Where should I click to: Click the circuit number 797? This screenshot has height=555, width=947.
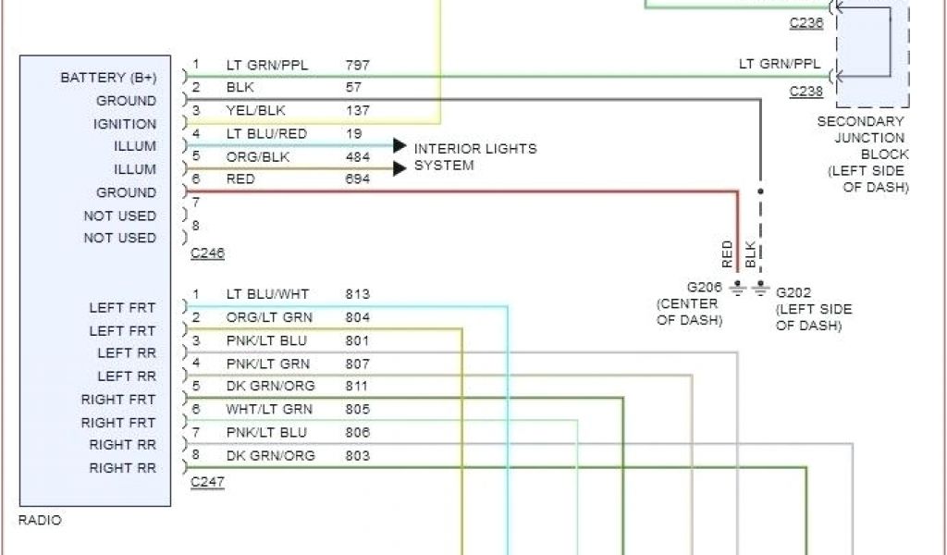[x=358, y=65]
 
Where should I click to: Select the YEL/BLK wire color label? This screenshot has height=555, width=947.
[x=254, y=111]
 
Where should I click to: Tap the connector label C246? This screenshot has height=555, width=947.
[x=207, y=253]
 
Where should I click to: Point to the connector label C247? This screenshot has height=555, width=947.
[x=207, y=482]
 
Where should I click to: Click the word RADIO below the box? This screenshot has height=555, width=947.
[x=40, y=521]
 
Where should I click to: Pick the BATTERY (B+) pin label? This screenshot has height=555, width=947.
[x=108, y=78]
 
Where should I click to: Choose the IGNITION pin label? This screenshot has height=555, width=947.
[x=125, y=124]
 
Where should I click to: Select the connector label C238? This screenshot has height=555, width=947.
[x=806, y=92]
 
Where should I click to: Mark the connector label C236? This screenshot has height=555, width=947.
[x=806, y=23]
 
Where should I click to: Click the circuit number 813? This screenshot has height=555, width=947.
[x=358, y=294]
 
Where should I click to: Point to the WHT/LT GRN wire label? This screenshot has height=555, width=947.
[x=269, y=409]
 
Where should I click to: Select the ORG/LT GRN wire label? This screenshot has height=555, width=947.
[x=269, y=317]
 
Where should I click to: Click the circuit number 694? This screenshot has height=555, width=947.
[x=358, y=179]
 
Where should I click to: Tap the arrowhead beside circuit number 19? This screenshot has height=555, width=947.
[x=400, y=145]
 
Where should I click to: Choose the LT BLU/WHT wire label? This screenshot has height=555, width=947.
[x=267, y=294]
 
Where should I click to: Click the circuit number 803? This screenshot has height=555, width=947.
[x=358, y=455]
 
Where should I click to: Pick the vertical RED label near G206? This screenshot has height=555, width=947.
[x=728, y=253]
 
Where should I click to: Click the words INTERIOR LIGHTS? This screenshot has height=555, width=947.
[x=474, y=148]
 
